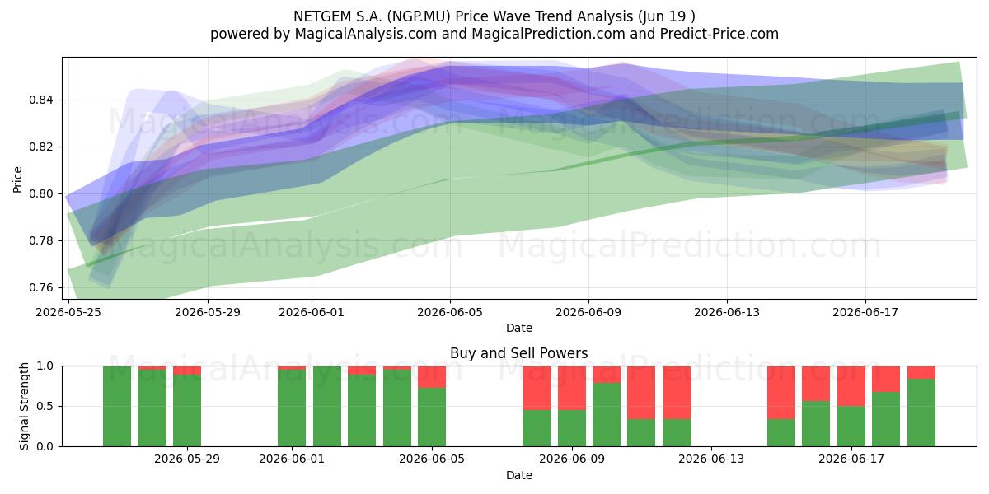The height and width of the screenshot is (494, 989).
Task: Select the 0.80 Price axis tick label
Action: (x=40, y=193)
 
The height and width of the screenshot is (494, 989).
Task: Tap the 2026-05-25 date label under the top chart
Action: (x=68, y=312)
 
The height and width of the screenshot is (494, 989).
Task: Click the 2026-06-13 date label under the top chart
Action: (x=727, y=312)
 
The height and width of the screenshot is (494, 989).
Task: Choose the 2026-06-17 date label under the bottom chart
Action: (x=851, y=459)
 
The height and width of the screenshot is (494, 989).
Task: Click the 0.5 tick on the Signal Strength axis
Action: (x=45, y=406)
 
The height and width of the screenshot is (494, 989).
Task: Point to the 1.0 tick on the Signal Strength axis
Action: (x=45, y=366)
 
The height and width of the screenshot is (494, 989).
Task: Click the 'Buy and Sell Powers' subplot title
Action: (x=518, y=353)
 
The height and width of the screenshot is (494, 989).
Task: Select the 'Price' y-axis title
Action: (x=17, y=179)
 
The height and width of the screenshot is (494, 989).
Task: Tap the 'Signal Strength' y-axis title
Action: (x=24, y=406)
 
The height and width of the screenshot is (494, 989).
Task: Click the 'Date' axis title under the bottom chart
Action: (x=518, y=475)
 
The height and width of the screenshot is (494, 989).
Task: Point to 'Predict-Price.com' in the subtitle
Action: (x=719, y=34)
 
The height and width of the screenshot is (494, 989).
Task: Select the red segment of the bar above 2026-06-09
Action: (x=572, y=388)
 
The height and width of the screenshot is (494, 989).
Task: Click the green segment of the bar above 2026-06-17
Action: (x=851, y=426)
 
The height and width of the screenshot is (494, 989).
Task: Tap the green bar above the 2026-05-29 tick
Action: (x=187, y=411)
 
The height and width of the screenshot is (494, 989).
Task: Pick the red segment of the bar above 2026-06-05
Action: (x=432, y=377)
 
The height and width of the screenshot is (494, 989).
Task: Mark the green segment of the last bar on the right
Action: (x=921, y=412)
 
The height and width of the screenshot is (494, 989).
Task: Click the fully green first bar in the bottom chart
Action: (x=117, y=406)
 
